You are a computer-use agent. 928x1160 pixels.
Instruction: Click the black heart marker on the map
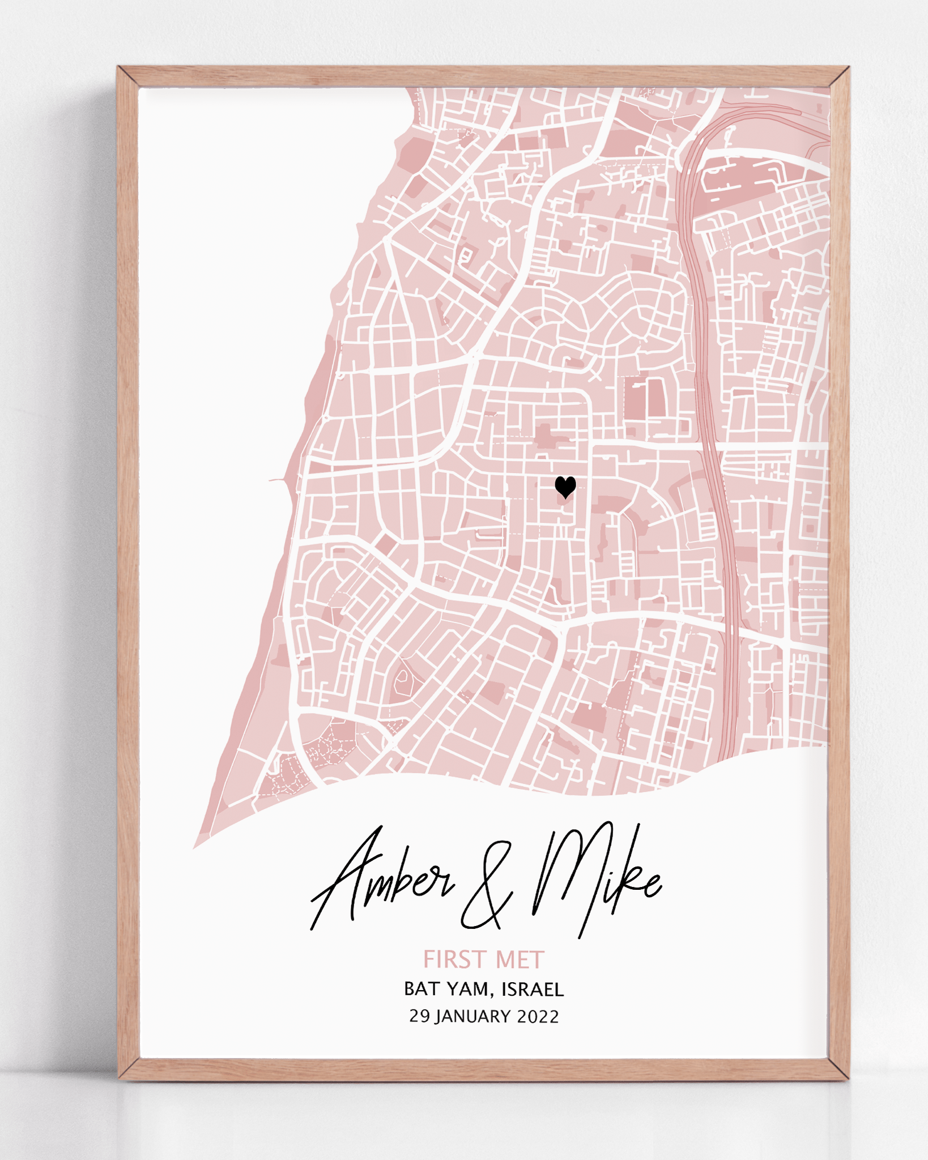pos(565,487)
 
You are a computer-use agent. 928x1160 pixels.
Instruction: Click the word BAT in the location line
pos(422,989)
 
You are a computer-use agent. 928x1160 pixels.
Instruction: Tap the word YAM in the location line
pos(467,989)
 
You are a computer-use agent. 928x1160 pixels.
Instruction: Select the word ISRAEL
pos(533,989)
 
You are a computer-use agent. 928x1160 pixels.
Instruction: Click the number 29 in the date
pos(419,1016)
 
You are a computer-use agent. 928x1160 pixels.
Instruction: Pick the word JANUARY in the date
pos(473,1016)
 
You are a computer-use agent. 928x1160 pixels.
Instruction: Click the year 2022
pos(538,1016)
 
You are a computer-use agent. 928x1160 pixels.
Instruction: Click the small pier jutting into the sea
pos(278,481)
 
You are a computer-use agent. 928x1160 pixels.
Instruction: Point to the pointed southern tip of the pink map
pos(195,847)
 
